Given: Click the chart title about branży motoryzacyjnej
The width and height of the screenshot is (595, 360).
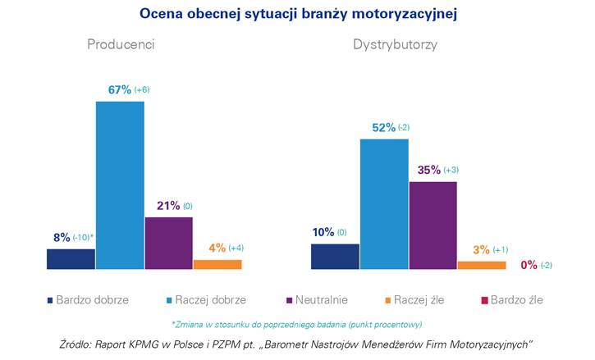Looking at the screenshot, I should pos(297,14).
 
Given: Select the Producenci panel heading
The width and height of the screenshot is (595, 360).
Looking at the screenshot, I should pos(121,44).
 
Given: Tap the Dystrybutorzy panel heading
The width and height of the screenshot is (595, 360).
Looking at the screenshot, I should pos(395,44).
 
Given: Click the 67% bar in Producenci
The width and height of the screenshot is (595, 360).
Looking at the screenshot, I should pos(120,185).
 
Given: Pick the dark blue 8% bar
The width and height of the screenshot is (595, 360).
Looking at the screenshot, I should pos(71,258).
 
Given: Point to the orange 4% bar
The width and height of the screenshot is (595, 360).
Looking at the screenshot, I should pos(217,264).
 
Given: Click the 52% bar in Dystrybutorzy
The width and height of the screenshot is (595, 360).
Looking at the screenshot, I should pos(384,203).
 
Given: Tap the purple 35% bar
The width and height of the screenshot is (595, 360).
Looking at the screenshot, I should pos(433,225).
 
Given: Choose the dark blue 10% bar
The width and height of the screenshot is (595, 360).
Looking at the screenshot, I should pos(335,256).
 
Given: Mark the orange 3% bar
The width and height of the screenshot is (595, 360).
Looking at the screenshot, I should pos(482,265).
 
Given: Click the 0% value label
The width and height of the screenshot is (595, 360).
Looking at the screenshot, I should pos(529,265).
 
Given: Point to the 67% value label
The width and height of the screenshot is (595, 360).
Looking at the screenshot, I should pos(120,89).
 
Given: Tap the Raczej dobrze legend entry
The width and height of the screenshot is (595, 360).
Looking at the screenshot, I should pos(204,300).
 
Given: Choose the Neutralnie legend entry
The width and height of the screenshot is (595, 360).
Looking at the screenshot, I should pos(316,300).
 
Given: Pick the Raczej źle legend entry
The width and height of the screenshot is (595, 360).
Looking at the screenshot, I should pos(419,300).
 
